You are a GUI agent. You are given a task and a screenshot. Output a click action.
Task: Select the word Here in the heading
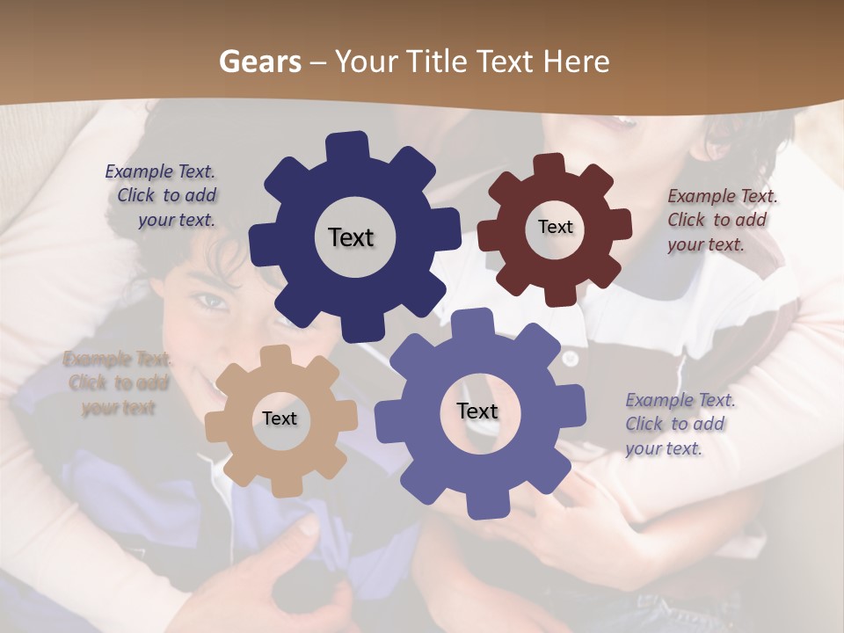coord(577,62)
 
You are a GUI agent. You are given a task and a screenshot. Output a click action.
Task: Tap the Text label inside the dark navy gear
coord(351,237)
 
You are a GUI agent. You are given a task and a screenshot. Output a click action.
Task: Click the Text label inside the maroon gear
coord(555,227)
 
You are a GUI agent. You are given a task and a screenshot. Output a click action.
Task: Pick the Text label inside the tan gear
coord(280,418)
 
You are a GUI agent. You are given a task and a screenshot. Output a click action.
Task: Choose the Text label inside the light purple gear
coord(477,411)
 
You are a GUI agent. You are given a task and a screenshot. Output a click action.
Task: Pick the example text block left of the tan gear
coord(117,383)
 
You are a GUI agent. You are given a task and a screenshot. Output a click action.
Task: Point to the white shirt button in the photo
coord(571,359)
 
